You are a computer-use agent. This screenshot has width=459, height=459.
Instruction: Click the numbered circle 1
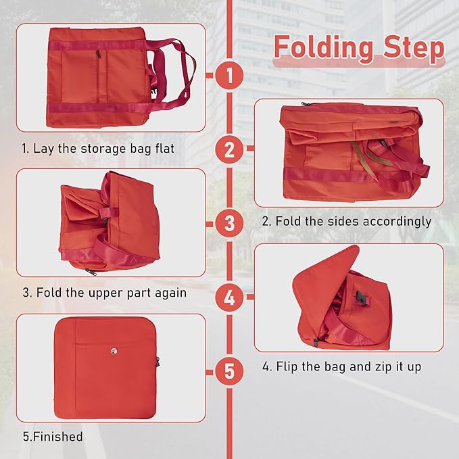(230, 75)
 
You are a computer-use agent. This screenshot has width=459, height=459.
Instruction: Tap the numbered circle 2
(230, 149)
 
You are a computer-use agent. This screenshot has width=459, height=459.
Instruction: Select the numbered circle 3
(230, 224)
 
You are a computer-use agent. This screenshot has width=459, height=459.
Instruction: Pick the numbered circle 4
(230, 297)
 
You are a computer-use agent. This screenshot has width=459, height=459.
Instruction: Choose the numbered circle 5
(230, 372)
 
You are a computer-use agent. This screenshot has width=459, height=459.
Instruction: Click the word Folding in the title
(324, 48)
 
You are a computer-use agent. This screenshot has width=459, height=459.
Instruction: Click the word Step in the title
(414, 47)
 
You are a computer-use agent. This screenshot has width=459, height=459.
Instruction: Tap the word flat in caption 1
(164, 148)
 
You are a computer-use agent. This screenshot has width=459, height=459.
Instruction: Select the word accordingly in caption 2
(397, 221)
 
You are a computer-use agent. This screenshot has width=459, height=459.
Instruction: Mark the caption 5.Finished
(53, 437)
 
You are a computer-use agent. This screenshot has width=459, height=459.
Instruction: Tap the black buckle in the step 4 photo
(361, 298)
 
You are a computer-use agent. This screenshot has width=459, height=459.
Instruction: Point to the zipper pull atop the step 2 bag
(306, 103)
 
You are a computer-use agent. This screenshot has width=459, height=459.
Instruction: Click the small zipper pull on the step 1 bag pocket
(98, 54)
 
